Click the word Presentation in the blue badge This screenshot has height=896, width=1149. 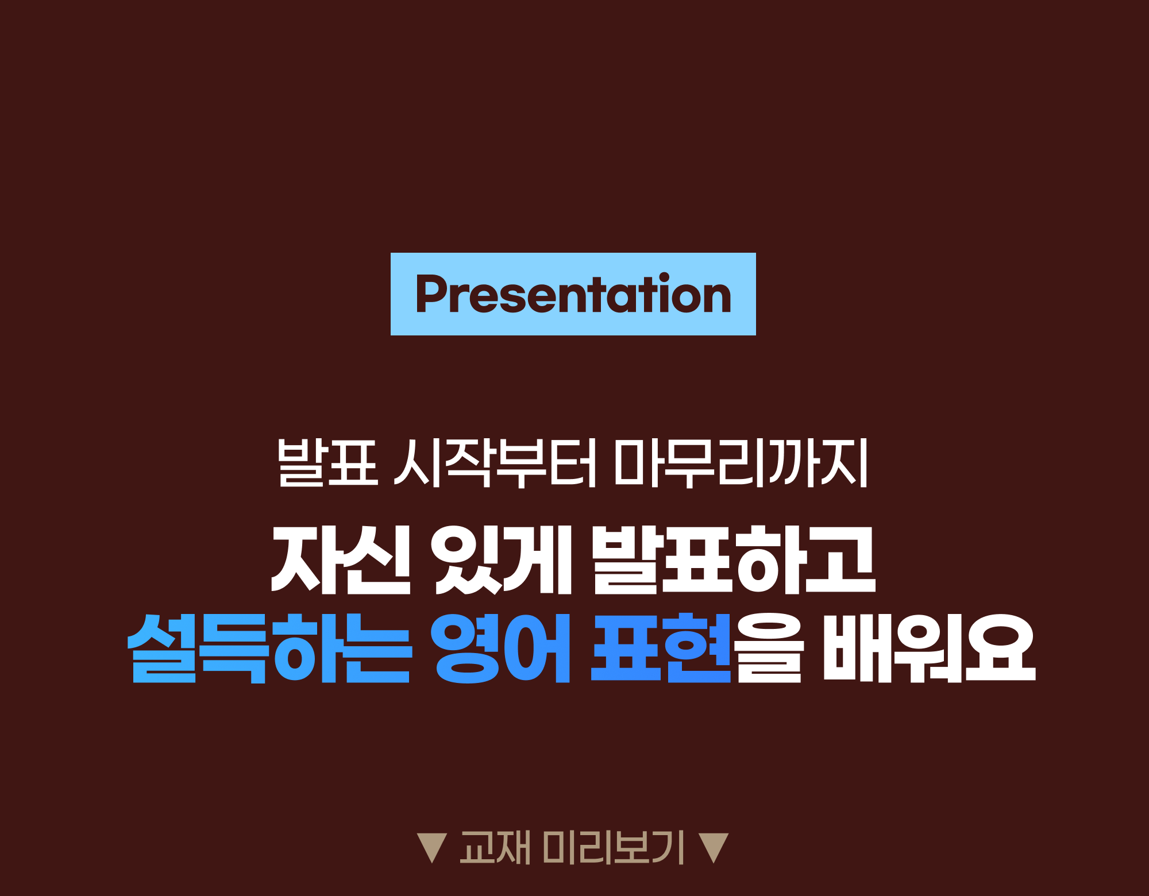click(x=573, y=293)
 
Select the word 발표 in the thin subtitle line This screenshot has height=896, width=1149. click(x=327, y=463)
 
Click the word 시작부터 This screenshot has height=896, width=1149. click(x=495, y=463)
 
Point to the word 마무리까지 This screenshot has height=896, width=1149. click(x=741, y=463)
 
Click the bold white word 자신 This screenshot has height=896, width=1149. click(x=341, y=559)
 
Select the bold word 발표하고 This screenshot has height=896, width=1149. click(x=734, y=559)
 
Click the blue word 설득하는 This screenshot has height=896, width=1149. click(x=269, y=648)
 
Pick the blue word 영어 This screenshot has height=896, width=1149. click(x=500, y=648)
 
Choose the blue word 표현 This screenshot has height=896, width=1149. click(x=661, y=648)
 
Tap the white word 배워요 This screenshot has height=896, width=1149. click(x=930, y=648)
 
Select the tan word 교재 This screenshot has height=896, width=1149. click(x=495, y=847)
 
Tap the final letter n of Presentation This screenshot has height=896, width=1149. click(x=716, y=299)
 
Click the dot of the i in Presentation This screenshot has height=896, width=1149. click(x=664, y=277)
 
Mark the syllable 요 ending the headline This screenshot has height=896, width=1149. click(x=1000, y=648)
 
